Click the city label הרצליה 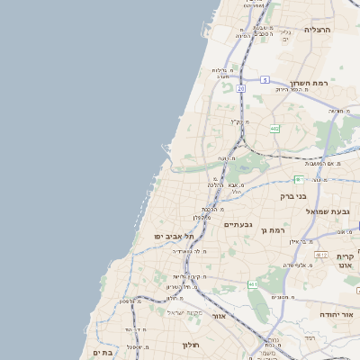pyautogui.click(x=318, y=30)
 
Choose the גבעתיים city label pyautogui.click(x=237, y=225)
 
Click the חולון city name pyautogui.click(x=190, y=345)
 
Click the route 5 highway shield pyautogui.click(x=265, y=80)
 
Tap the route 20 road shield pyautogui.click(x=241, y=89)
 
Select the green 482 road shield pyautogui.click(x=274, y=130)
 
